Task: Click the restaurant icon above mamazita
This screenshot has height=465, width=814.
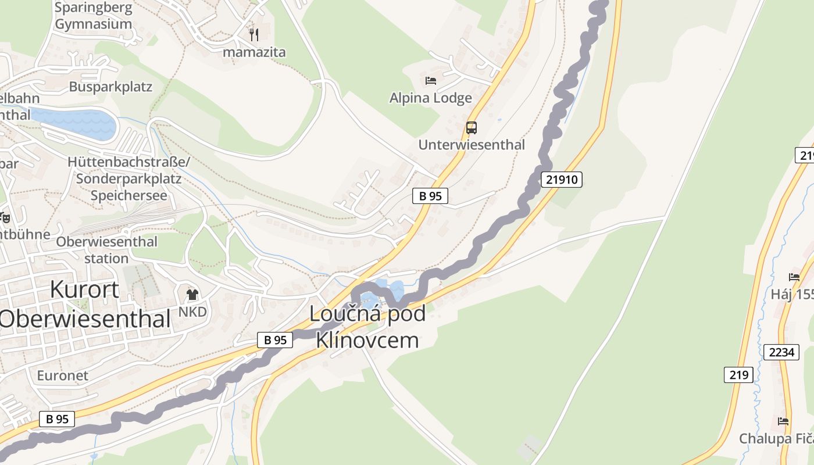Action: click(x=254, y=34)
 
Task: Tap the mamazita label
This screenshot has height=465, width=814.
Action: click(x=255, y=52)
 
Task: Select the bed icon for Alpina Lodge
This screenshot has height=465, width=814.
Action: click(x=430, y=81)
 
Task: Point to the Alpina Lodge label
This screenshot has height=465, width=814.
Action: click(x=430, y=98)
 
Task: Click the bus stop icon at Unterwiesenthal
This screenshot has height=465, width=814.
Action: click(x=471, y=127)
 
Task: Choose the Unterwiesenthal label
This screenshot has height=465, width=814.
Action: click(x=472, y=145)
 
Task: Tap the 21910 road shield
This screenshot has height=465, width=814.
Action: click(x=562, y=179)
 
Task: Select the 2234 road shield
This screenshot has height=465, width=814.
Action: click(x=781, y=352)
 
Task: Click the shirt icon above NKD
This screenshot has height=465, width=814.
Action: click(x=192, y=294)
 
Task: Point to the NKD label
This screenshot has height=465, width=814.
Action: click(x=192, y=312)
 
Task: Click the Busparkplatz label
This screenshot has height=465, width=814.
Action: click(x=110, y=87)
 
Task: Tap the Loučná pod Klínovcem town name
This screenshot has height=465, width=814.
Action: click(x=367, y=327)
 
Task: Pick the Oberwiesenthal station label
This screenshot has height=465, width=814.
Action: click(x=106, y=249)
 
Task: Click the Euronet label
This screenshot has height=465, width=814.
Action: click(x=63, y=375)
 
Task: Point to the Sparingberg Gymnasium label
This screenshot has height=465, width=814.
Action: click(x=93, y=16)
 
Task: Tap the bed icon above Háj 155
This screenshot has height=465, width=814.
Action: click(x=794, y=277)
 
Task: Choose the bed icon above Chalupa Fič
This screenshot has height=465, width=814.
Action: click(x=783, y=421)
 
